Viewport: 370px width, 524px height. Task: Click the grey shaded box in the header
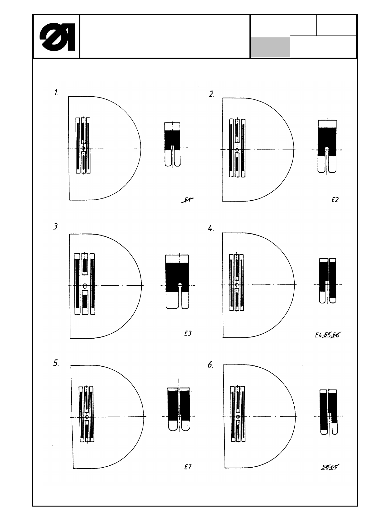click(270, 47)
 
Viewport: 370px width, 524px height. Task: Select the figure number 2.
click(211, 94)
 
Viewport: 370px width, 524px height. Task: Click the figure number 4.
click(211, 229)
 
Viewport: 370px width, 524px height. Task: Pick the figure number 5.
click(56, 363)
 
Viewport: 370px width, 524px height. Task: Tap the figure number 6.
click(211, 364)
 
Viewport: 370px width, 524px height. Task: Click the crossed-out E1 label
click(187, 200)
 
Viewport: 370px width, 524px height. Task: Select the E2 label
click(334, 200)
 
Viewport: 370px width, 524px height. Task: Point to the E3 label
click(187, 333)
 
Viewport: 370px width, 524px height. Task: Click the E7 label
click(187, 467)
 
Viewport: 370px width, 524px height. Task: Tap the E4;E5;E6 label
click(327, 335)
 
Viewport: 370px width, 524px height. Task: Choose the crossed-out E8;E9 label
click(330, 467)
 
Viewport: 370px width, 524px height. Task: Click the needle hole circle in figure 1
click(83, 148)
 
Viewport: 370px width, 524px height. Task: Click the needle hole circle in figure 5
click(87, 417)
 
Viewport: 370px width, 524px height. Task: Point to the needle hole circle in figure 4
click(237, 285)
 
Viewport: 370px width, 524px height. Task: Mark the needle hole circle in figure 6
click(238, 417)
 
